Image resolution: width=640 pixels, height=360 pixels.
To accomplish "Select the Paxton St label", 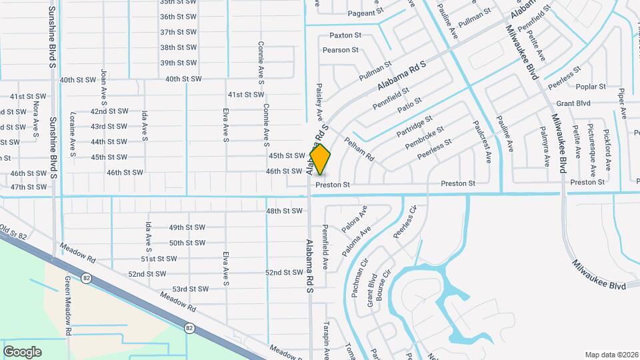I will click(x=345, y=35).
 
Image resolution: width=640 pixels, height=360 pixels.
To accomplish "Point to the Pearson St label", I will click(x=341, y=50).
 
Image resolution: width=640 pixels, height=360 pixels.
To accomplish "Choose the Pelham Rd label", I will click(x=359, y=149).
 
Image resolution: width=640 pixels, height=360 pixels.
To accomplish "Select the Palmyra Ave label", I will click(x=545, y=147).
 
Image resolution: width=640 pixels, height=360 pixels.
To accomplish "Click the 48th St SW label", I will click(x=284, y=211).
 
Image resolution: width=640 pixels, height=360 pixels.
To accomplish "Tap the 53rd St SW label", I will click(x=191, y=289).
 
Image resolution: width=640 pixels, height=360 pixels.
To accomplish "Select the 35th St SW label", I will click(x=178, y=2).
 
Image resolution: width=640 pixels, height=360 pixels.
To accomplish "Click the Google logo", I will click(x=22, y=351).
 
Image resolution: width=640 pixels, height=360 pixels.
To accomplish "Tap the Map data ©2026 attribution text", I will click(x=611, y=355).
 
